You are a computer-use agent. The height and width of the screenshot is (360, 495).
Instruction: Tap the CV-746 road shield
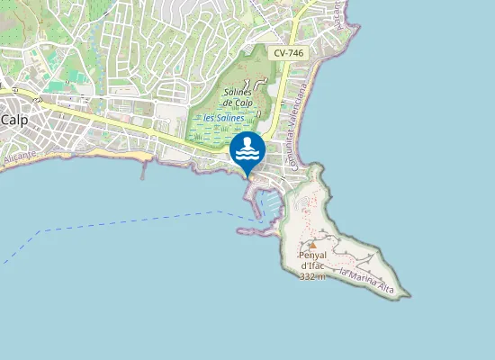coord(289,53)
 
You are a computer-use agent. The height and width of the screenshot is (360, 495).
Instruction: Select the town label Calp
coord(15,119)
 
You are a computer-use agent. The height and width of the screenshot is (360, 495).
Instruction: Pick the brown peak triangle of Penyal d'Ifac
coord(312,244)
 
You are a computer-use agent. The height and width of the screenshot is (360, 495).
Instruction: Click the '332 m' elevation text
coord(311,275)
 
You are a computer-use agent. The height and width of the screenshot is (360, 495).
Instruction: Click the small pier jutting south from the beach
coord(142,171)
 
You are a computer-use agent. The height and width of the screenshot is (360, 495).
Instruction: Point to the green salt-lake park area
coord(216,135)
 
